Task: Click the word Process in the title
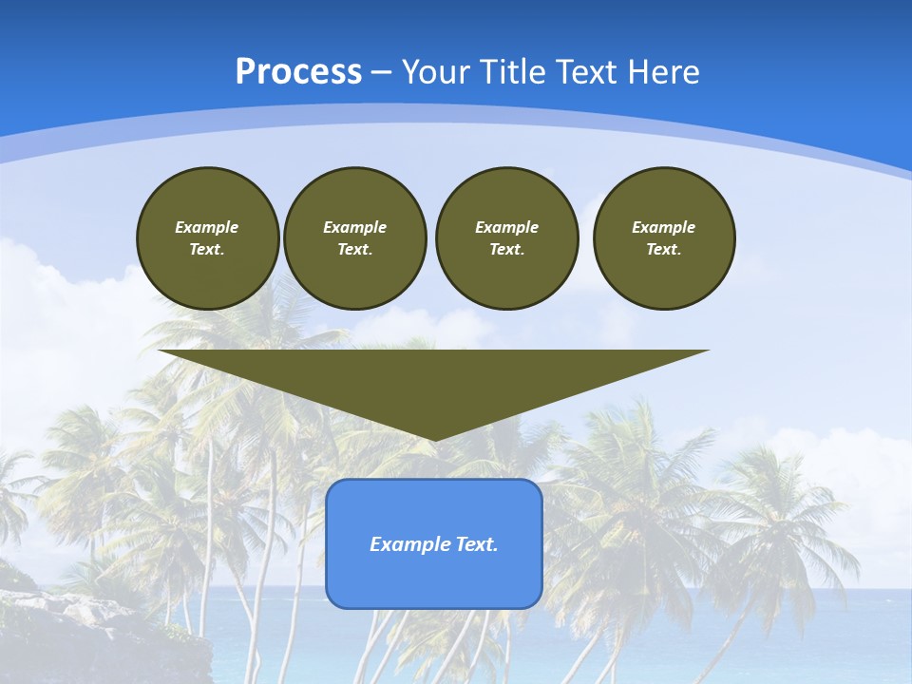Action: coord(298,72)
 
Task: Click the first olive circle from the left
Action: coord(207,238)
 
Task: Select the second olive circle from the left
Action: coord(354,238)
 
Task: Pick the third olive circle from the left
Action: coord(506,238)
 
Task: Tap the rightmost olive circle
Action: coord(663,238)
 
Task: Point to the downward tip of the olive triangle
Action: coord(434,438)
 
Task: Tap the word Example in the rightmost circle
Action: coord(663,227)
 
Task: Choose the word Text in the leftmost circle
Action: coord(206,250)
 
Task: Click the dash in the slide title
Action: coord(382,72)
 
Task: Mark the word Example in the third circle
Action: coord(506,227)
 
